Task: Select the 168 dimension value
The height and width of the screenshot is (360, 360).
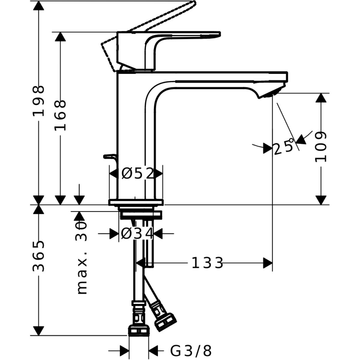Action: pyautogui.click(x=60, y=115)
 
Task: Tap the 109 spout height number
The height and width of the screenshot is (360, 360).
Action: pyautogui.click(x=320, y=146)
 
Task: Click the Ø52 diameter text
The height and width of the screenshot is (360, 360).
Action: pyautogui.click(x=137, y=173)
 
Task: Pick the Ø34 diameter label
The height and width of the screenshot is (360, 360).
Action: pyautogui.click(x=137, y=233)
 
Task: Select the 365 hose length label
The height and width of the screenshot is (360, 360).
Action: pyautogui.click(x=39, y=256)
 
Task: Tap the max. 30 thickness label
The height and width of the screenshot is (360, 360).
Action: pyautogui.click(x=82, y=258)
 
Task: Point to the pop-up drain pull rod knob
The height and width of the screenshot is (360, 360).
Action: pyautogui.click(x=110, y=156)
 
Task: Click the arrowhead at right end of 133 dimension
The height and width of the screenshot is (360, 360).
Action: pyautogui.click(x=268, y=263)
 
